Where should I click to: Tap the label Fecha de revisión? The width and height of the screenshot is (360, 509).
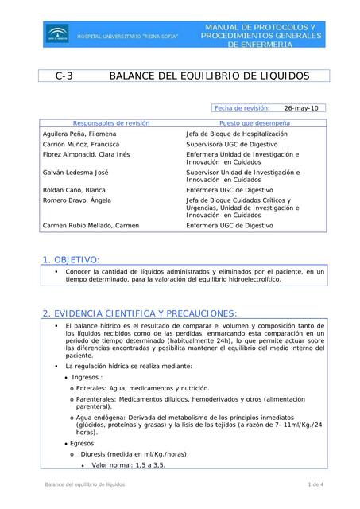242,107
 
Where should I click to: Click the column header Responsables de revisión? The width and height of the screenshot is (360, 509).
111,123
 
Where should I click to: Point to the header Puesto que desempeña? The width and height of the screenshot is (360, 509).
254,123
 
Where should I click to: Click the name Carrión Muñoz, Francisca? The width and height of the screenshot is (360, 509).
83,146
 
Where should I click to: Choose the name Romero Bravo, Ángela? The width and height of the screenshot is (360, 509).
76,201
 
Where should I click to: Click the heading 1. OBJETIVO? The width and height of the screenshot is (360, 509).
71,259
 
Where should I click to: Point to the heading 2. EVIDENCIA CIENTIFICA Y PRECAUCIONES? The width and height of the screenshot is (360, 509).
139,313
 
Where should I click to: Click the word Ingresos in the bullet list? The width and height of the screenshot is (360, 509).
87,377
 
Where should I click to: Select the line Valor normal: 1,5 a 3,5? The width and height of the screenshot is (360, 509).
129,464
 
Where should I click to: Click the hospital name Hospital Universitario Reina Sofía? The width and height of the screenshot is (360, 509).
127,37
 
